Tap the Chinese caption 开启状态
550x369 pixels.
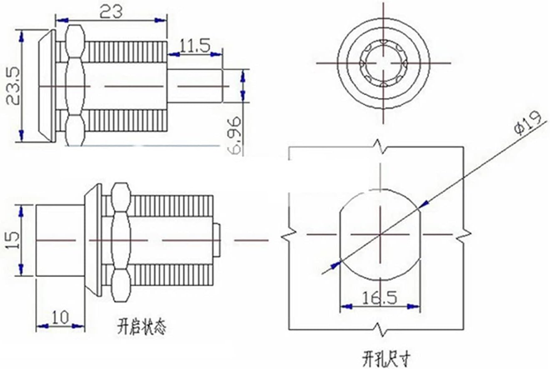point(141,328)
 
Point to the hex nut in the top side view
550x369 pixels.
point(75,85)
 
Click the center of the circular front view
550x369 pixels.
point(383,63)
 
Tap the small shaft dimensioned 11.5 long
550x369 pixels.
point(194,86)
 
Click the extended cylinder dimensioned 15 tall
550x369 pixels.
point(60,241)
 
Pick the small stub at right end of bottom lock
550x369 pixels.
point(216,241)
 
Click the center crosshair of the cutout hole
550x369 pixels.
point(380,235)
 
